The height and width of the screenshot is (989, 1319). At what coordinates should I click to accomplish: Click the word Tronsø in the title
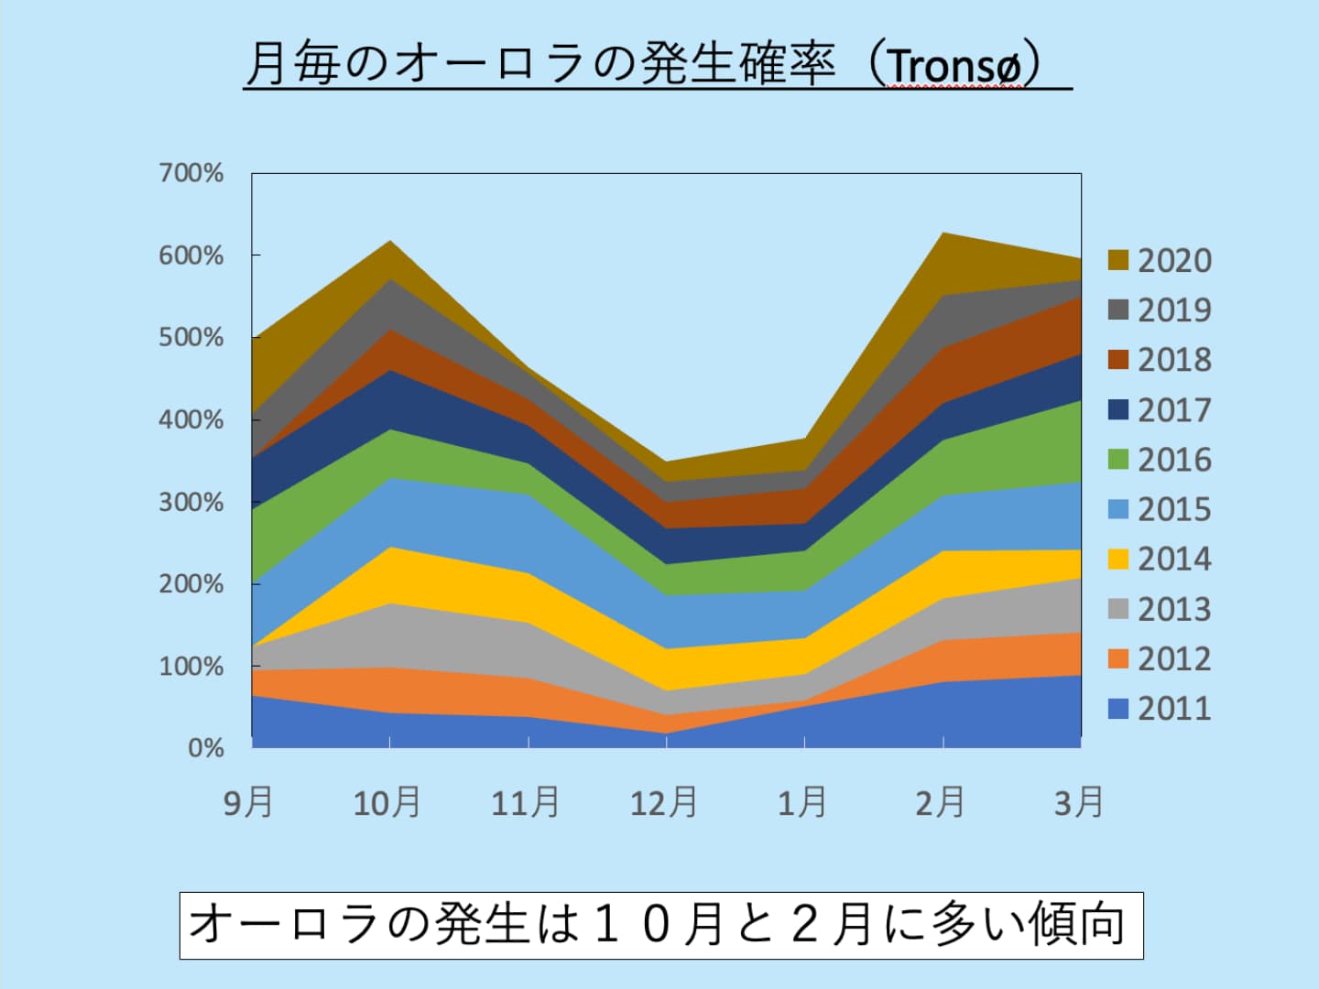pos(954,66)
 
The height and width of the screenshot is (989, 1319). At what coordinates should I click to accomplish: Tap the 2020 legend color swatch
pos(1117,260)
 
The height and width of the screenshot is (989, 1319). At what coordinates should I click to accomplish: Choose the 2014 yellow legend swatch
pos(1117,559)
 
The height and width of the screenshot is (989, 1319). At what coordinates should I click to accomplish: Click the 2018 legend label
pos(1174,360)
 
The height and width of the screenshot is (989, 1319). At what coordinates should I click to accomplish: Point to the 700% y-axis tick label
pos(191,173)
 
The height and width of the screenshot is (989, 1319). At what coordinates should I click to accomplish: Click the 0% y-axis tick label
pos(206,748)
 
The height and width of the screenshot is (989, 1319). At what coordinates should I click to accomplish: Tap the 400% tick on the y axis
pos(191,420)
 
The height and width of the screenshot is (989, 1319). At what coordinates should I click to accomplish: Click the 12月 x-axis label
pos(663,802)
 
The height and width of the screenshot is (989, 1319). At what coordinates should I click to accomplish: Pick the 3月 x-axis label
pos(1079,802)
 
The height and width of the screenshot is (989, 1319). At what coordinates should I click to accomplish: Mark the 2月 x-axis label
pos(941,802)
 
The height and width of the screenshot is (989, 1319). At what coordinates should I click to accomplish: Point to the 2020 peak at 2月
pos(943,234)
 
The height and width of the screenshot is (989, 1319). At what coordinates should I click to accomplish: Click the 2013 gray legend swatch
pos(1117,609)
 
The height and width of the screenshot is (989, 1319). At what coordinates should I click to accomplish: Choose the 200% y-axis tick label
pos(191,584)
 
